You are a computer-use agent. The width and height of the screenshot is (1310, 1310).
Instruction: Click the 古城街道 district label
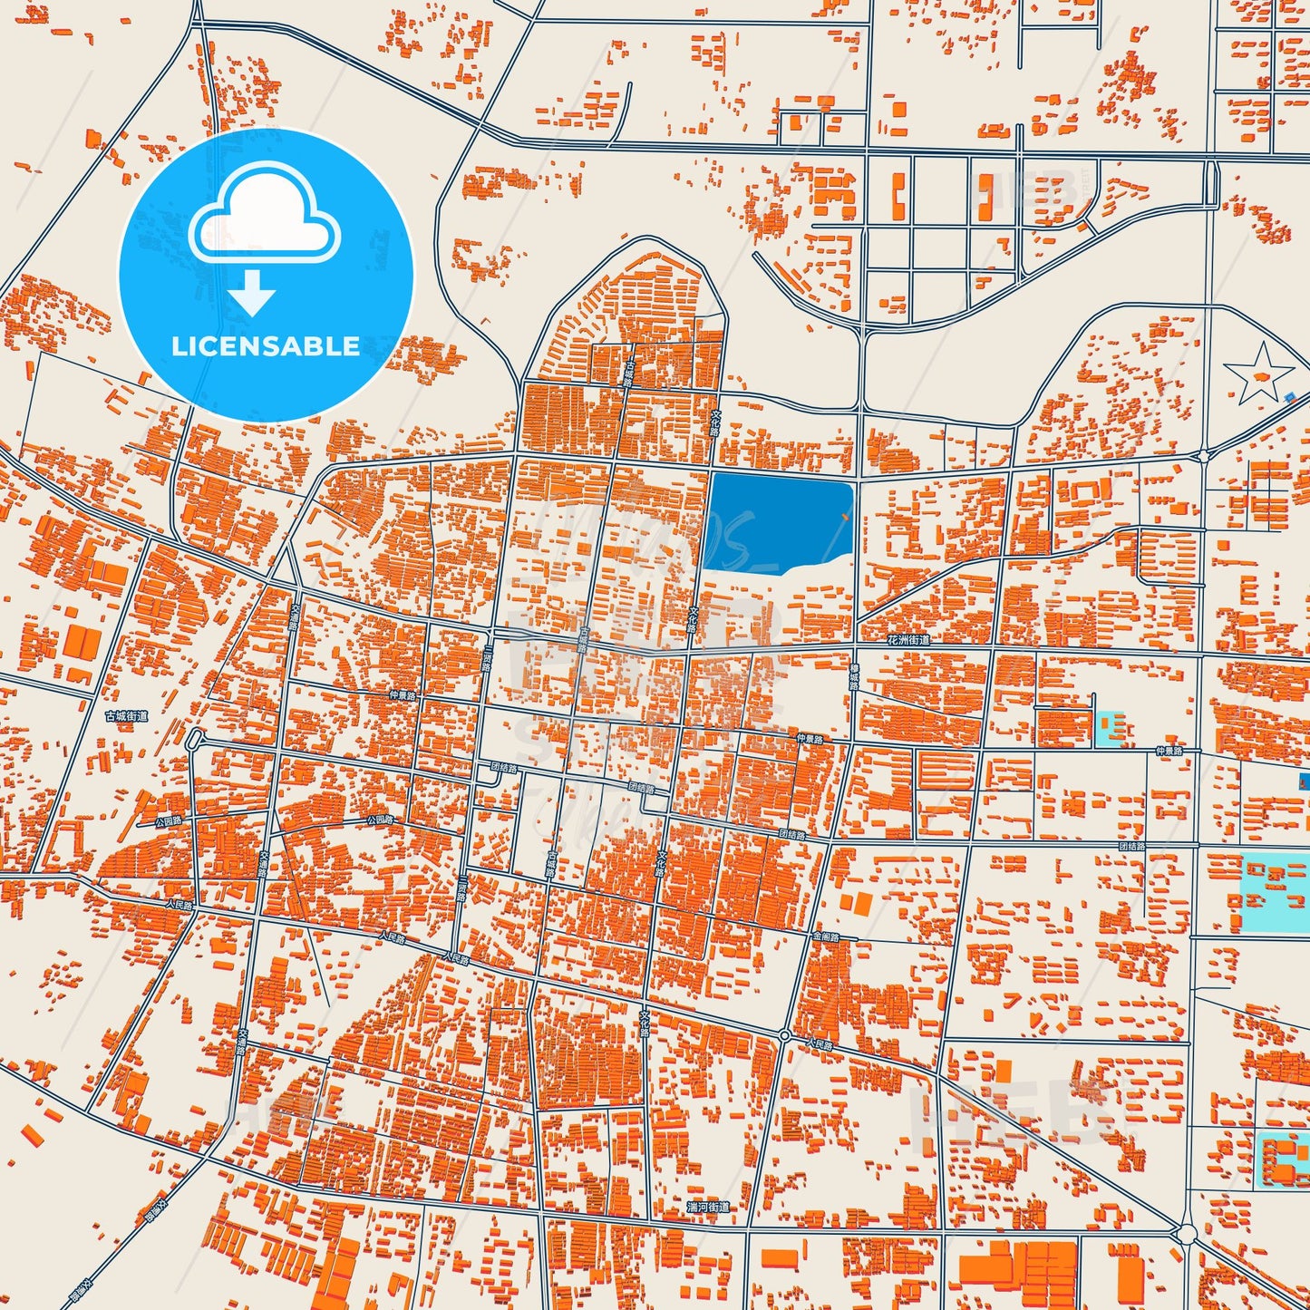(126, 716)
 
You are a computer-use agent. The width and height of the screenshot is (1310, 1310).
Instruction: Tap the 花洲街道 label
(908, 640)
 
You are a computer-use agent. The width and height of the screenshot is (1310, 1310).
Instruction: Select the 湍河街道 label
(708, 1207)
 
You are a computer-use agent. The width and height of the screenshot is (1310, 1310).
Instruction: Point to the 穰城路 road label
(853, 676)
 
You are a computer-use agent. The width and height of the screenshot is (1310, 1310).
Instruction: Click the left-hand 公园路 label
(168, 821)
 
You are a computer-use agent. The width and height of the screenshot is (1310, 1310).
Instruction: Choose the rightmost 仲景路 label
(1169, 752)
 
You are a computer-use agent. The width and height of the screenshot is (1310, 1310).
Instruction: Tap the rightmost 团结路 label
(1132, 846)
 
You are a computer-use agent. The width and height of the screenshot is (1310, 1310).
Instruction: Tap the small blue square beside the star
(1291, 396)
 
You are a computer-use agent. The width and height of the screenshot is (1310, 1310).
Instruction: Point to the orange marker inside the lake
(845, 517)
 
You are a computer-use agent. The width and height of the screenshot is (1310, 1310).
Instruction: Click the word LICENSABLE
(266, 346)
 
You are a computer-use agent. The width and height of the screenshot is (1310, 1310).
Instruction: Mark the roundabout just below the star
(1203, 455)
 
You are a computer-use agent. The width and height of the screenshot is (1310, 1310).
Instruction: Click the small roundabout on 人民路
(784, 1035)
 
